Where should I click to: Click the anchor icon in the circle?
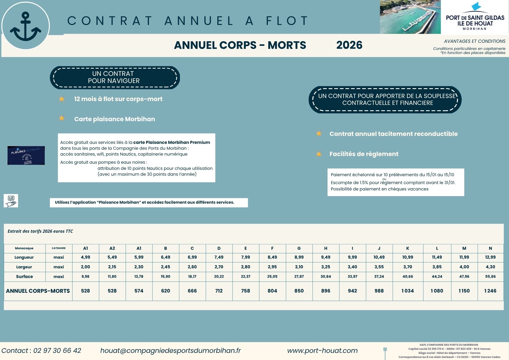[x=25, y=26]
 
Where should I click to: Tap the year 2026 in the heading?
[x=349, y=45]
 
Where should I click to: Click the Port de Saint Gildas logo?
[x=475, y=17]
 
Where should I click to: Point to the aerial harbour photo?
[x=410, y=17]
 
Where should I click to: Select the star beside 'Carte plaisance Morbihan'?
[x=62, y=118]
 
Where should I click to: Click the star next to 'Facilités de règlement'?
[x=319, y=154]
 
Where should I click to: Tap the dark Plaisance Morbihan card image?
[x=26, y=155]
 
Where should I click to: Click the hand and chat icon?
[x=11, y=201]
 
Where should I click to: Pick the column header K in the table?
[x=408, y=248]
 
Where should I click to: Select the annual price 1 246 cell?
[x=490, y=291]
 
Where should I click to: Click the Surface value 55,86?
[x=490, y=276]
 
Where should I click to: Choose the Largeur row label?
[x=24, y=267]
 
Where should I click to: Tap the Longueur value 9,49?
[x=326, y=257]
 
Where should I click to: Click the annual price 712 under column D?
[x=219, y=291]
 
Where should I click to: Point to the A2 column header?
[x=112, y=248]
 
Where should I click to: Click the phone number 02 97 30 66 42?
[x=57, y=351]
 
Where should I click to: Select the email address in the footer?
[x=171, y=351]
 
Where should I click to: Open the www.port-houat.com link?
[x=322, y=351]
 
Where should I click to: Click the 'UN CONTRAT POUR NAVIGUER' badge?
[x=115, y=77]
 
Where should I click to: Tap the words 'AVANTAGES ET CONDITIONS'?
[x=475, y=41]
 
